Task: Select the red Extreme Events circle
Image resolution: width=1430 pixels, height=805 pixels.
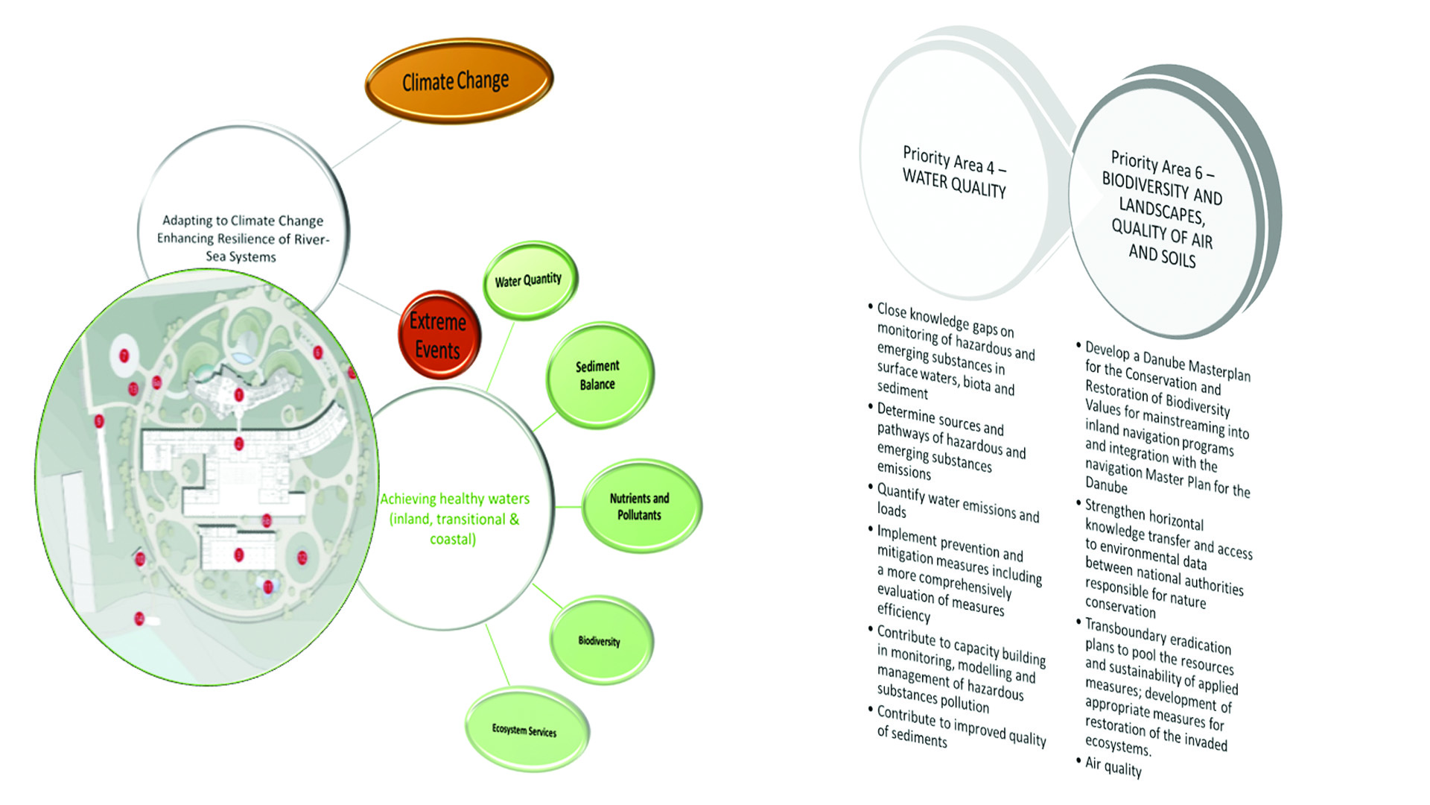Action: [x=439, y=335]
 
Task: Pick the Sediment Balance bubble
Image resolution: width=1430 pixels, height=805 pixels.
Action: [x=598, y=375]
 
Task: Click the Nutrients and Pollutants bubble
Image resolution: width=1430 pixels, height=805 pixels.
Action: [x=640, y=506]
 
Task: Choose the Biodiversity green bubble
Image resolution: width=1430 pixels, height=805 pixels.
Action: [x=600, y=640]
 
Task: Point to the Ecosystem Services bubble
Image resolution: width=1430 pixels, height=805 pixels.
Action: [x=525, y=730]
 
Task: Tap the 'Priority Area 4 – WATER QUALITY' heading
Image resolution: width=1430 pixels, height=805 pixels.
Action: [x=955, y=172]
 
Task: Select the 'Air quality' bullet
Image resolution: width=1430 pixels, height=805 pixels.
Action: [x=1113, y=766]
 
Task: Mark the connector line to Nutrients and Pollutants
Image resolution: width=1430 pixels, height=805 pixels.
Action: [x=568, y=507]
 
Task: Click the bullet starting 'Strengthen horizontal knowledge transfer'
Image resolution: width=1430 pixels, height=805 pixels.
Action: [x=1166, y=559]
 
